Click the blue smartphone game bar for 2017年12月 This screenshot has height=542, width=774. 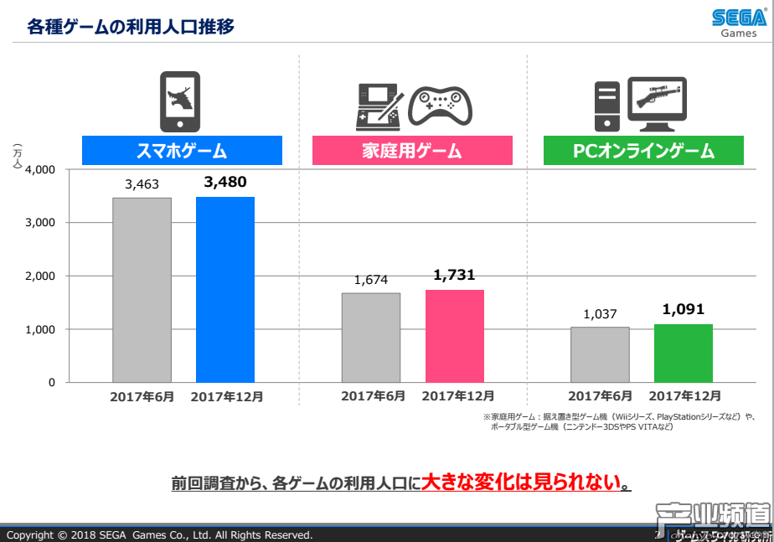pyautogui.click(x=224, y=290)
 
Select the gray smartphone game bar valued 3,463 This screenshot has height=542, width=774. pyautogui.click(x=142, y=290)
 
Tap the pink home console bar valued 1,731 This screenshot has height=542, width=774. pyautogui.click(x=454, y=336)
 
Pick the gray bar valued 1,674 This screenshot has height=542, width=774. pyautogui.click(x=370, y=338)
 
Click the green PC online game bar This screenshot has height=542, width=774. pyautogui.click(x=683, y=354)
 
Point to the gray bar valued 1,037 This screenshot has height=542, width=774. pyautogui.click(x=600, y=354)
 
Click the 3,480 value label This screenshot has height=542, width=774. pyautogui.click(x=224, y=181)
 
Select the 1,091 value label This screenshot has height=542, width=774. pyautogui.click(x=683, y=309)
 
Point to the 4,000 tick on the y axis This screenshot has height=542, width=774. pyautogui.click(x=40, y=170)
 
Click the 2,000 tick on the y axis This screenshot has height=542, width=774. pyautogui.click(x=40, y=276)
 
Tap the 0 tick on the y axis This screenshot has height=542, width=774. pyautogui.click(x=51, y=383)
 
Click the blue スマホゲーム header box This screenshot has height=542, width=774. pyautogui.click(x=182, y=151)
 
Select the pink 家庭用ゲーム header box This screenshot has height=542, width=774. pyautogui.click(x=411, y=151)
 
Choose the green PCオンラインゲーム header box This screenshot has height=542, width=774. pyautogui.click(x=642, y=151)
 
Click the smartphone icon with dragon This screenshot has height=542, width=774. pyautogui.click(x=180, y=101)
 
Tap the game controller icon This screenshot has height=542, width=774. pyautogui.click(x=440, y=105)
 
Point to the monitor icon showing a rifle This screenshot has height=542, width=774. pyautogui.click(x=657, y=103)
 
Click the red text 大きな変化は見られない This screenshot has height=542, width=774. pyautogui.click(x=525, y=483)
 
